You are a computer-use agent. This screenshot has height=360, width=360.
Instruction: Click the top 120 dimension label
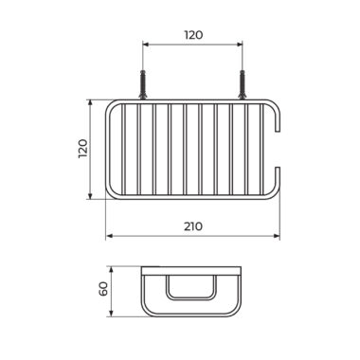193,35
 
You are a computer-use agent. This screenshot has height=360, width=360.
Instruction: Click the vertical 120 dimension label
83,149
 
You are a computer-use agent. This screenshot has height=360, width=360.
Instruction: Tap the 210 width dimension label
193,226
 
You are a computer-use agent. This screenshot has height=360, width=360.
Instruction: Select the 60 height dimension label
104,288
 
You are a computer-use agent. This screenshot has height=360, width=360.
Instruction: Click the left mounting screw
143,84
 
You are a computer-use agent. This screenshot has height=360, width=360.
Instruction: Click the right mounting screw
243,84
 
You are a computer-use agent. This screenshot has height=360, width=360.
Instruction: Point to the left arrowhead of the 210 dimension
109,236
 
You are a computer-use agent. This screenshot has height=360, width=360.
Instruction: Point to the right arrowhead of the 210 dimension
277,236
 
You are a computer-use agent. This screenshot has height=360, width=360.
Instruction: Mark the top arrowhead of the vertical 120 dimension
90,103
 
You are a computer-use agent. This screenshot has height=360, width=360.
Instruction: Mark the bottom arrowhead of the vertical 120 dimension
90,196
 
